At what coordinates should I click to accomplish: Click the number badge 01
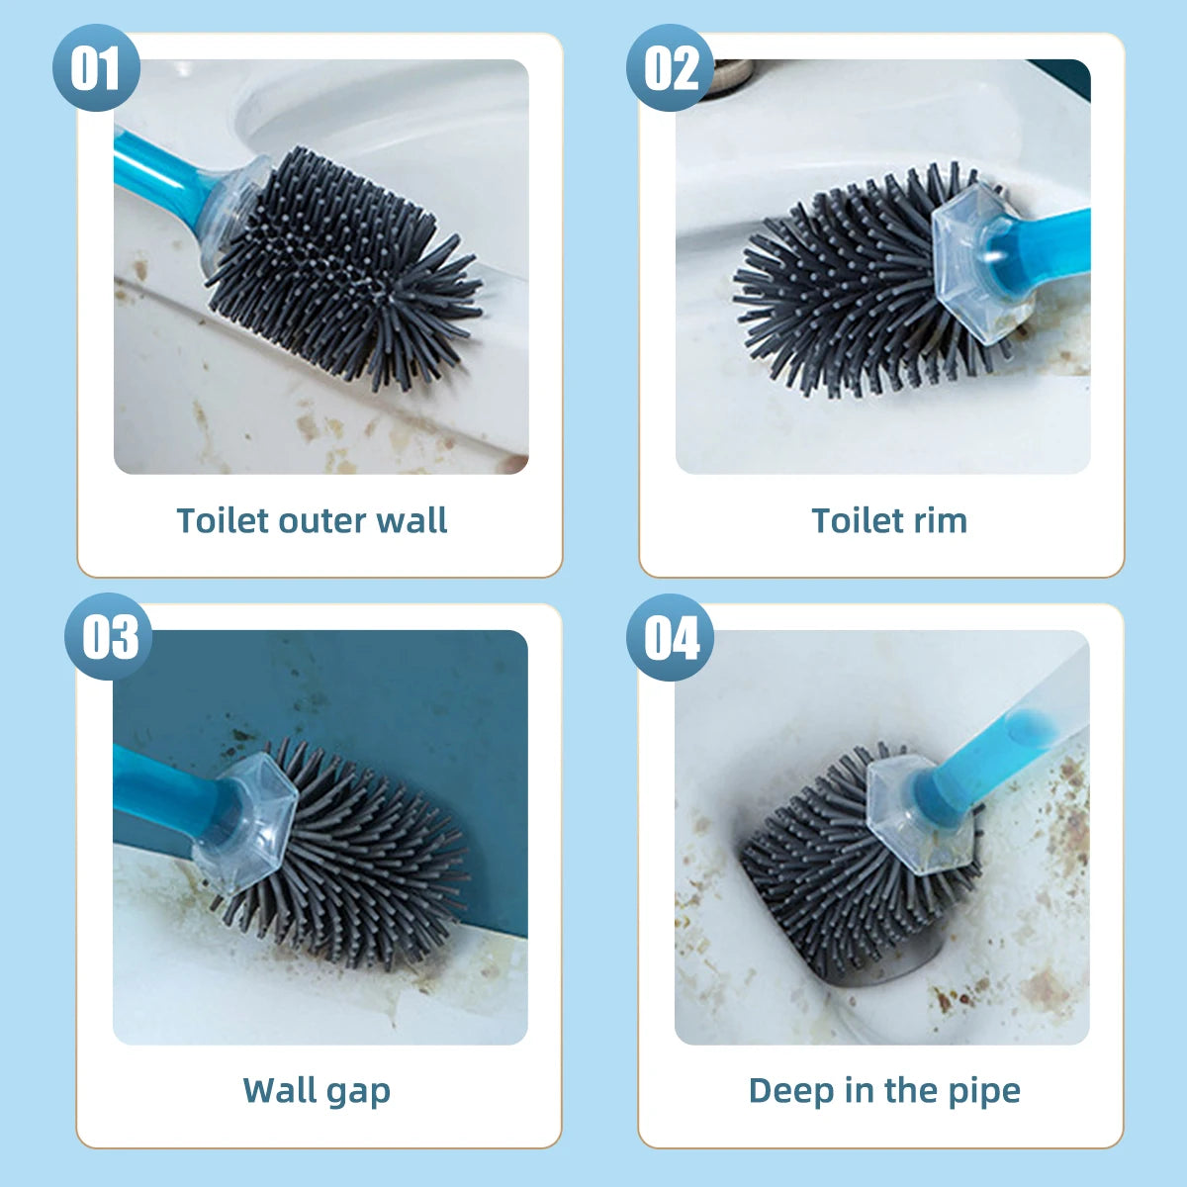point(95,68)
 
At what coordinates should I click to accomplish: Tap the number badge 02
point(671,68)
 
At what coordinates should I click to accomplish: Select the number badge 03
point(109,637)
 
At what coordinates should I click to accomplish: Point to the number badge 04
point(671,637)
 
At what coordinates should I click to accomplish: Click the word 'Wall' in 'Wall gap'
point(280,1090)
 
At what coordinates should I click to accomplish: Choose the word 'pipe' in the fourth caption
point(984,1092)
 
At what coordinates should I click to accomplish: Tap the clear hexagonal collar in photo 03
point(242,821)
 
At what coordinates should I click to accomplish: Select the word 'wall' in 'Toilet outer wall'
point(411,520)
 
